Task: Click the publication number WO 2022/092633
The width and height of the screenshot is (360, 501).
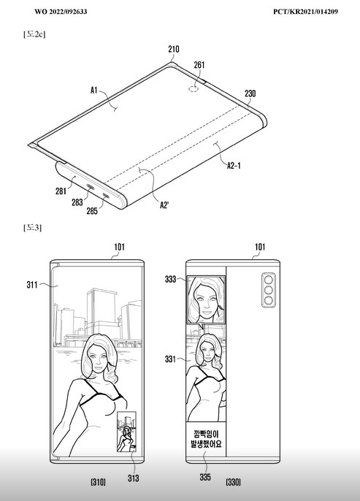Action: tap(61, 12)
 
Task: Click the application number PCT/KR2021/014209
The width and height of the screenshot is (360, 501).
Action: tap(305, 12)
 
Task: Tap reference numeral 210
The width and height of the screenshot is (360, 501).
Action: tap(174, 49)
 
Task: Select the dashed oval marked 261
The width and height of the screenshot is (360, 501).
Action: tap(194, 88)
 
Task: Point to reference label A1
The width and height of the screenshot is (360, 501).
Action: tap(93, 91)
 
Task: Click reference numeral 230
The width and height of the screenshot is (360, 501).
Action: tap(250, 93)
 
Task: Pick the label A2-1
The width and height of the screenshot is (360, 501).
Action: tap(234, 165)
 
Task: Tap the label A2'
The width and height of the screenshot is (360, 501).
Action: tap(164, 204)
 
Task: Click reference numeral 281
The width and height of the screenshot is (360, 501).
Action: tap(61, 191)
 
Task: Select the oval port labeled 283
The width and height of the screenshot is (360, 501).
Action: tap(90, 188)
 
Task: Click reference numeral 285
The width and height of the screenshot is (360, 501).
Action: tap(92, 211)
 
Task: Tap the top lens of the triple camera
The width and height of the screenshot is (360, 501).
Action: tap(268, 280)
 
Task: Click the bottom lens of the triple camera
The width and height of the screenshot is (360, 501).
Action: tap(268, 300)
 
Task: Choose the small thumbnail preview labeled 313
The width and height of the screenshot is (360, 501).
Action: tap(126, 432)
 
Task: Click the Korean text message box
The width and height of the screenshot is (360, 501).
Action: tap(206, 439)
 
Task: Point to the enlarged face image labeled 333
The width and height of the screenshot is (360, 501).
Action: tap(206, 299)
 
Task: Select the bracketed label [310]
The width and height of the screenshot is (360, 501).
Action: tap(98, 482)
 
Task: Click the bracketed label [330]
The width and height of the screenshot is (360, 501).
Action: tap(233, 482)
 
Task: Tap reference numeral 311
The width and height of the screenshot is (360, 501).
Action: tap(32, 285)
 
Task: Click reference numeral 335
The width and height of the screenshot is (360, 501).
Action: tap(205, 477)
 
